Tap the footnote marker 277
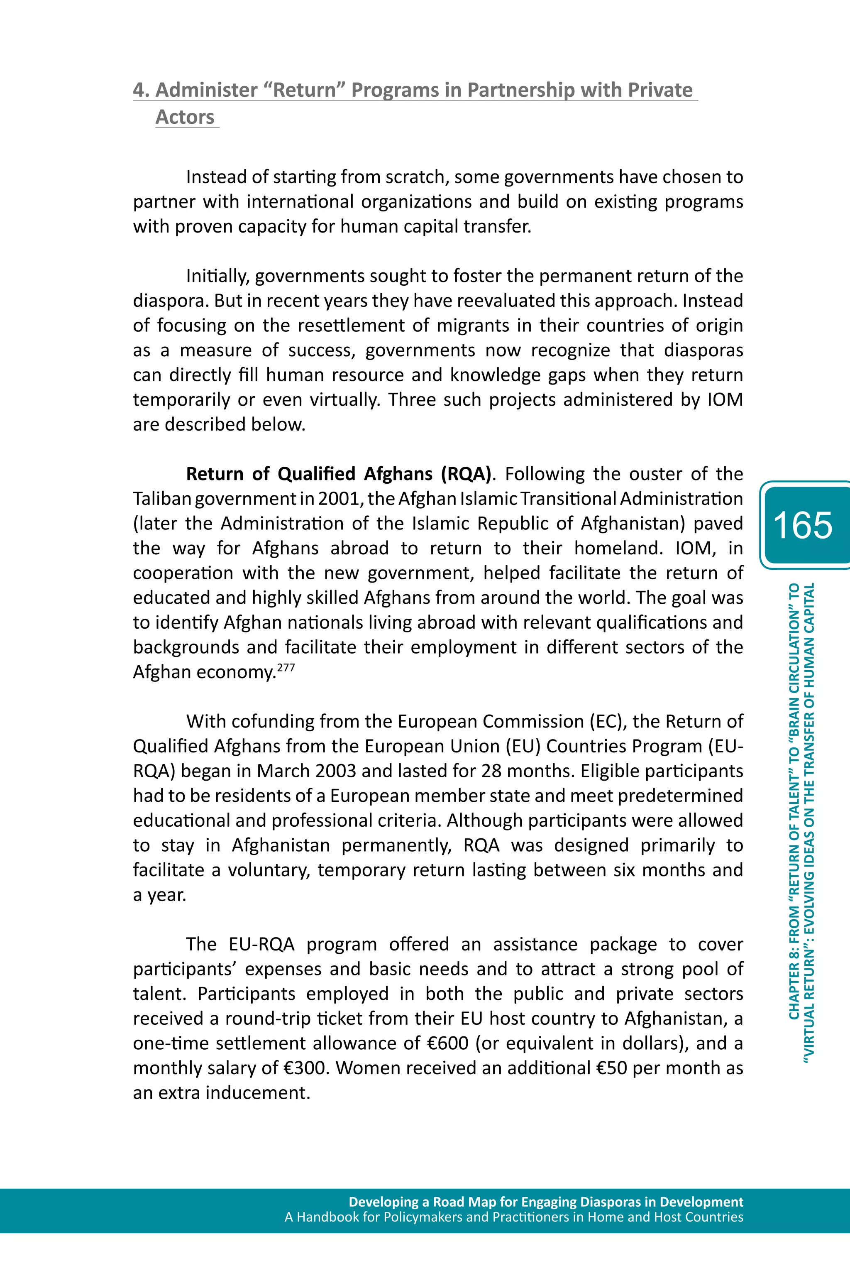pos(286,668)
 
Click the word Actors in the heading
pos(185,117)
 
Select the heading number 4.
pos(140,90)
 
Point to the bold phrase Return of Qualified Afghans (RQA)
pos(339,474)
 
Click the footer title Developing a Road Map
pos(545,1202)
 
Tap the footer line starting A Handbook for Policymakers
pos(513,1217)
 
